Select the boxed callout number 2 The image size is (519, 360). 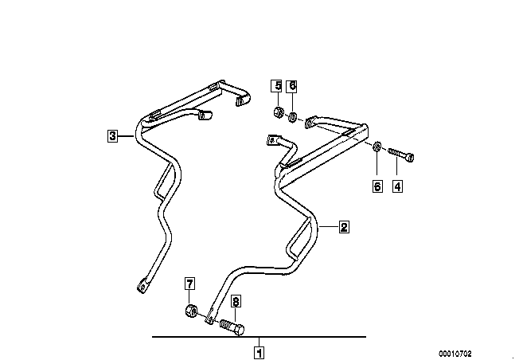pyautogui.click(x=343, y=227)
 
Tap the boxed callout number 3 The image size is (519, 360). pyautogui.click(x=113, y=136)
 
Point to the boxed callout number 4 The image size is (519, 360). pyautogui.click(x=396, y=187)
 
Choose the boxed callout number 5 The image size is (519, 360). pyautogui.click(x=276, y=86)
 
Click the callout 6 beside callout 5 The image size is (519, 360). pyautogui.click(x=292, y=86)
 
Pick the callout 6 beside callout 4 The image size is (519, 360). pyautogui.click(x=377, y=187)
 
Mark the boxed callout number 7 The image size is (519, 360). pyautogui.click(x=189, y=284)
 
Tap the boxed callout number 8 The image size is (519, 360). pyautogui.click(x=236, y=302)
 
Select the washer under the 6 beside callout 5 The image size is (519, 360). pyautogui.click(x=293, y=118)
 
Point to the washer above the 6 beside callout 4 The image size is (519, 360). pyautogui.click(x=377, y=149)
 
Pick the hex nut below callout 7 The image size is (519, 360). pyautogui.click(x=191, y=311)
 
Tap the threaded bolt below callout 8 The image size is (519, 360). pyautogui.click(x=231, y=326)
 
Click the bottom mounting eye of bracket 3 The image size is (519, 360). pyautogui.click(x=144, y=284)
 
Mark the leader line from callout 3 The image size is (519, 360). pyautogui.click(x=128, y=136)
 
